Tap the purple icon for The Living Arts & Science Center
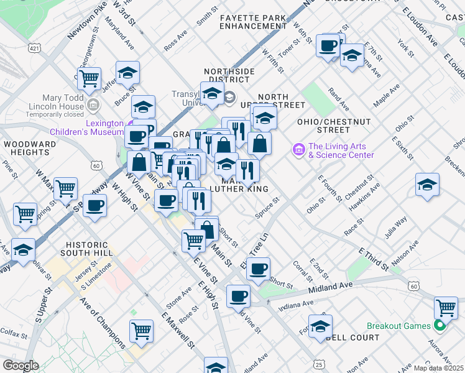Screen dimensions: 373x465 (298, 150)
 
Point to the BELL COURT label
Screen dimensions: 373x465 (352, 338)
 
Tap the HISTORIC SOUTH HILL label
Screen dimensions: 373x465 (86, 249)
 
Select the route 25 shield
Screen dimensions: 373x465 (318, 364)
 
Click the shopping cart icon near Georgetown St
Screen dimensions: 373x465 (90, 78)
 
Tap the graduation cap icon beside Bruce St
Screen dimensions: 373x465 (127, 72)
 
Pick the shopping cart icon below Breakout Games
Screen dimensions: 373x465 (446, 306)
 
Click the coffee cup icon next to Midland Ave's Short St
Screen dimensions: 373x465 (258, 269)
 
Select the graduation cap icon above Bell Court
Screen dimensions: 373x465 (320, 325)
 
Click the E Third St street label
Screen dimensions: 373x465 (374, 259)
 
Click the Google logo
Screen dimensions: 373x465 (21, 366)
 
